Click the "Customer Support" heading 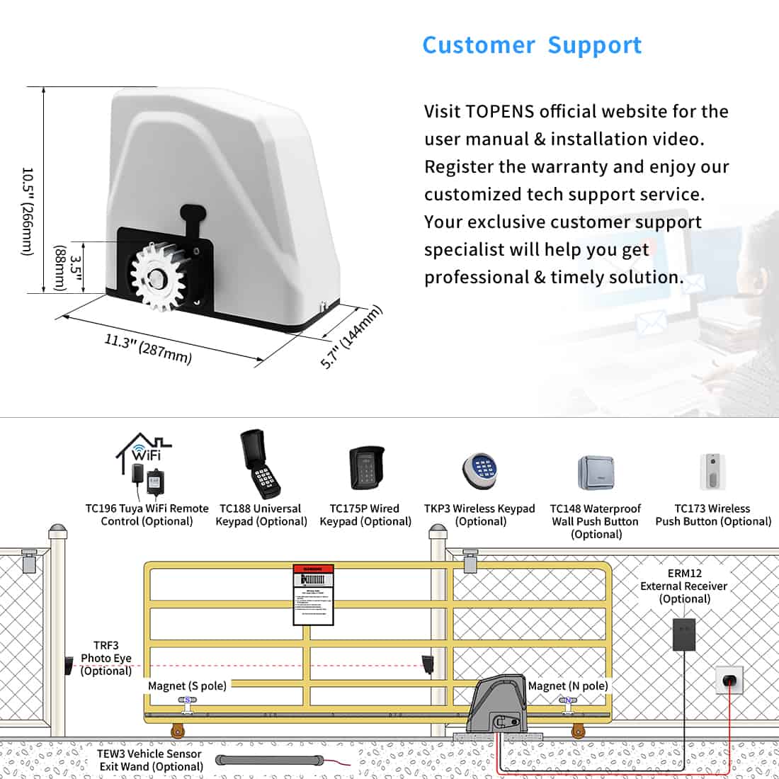(x=532, y=45)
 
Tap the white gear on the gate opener (x=157, y=274)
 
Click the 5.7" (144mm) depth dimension (x=351, y=336)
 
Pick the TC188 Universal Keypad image (x=260, y=463)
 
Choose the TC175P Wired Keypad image (x=366, y=468)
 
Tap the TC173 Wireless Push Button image (x=712, y=472)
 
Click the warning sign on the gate (x=313, y=595)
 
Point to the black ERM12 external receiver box (x=683, y=635)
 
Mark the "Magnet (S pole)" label (x=187, y=686)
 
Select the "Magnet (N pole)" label (x=567, y=686)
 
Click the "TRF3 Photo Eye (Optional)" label (x=106, y=658)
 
